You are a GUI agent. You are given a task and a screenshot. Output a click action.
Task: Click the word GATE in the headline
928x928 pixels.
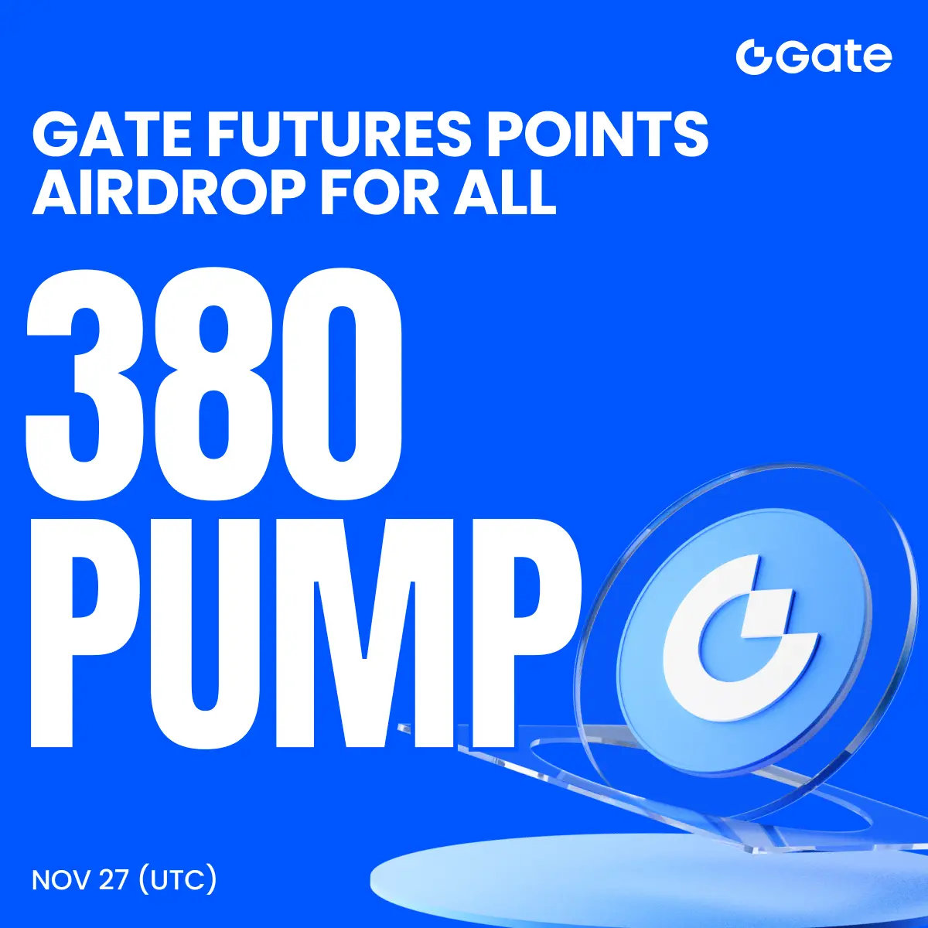click(111, 135)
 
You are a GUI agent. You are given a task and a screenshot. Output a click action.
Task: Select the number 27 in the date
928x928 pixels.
click(114, 880)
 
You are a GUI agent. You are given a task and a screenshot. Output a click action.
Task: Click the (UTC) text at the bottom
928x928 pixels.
click(177, 880)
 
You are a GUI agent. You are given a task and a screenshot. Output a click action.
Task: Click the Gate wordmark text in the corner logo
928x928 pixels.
click(834, 58)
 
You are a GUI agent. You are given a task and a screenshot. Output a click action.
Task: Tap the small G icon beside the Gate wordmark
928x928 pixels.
click(755, 58)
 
